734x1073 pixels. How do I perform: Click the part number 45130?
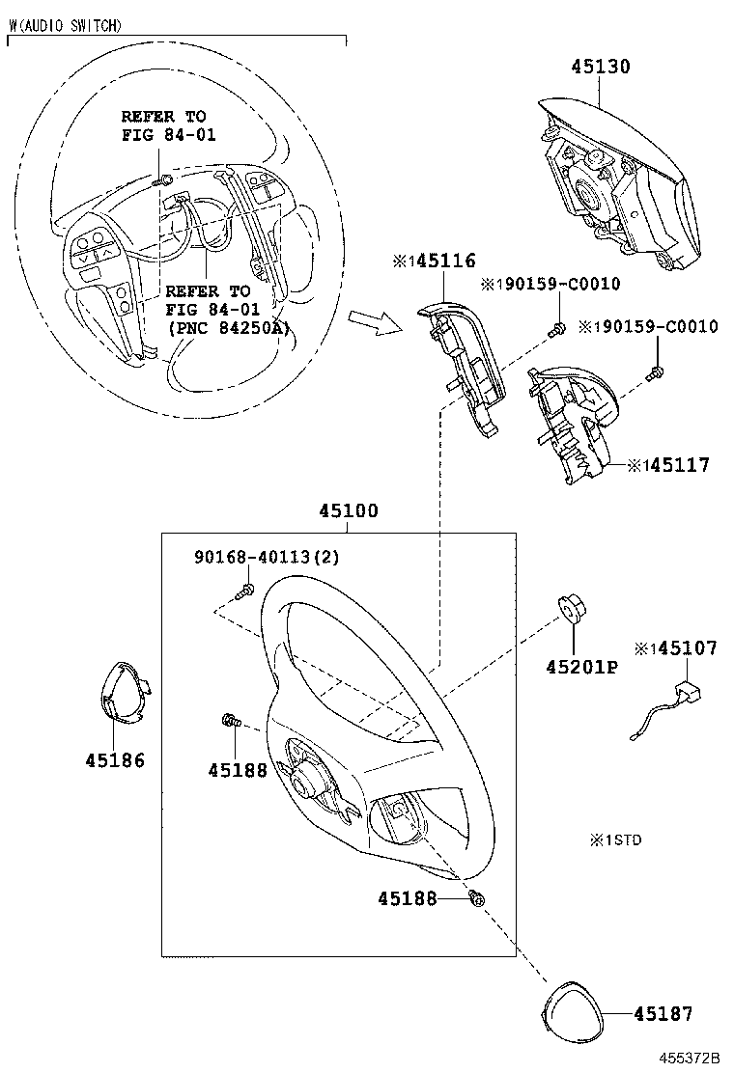pyautogui.click(x=600, y=67)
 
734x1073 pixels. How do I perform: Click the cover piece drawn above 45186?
pyautogui.click(x=127, y=694)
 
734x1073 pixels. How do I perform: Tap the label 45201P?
pyautogui.click(x=580, y=667)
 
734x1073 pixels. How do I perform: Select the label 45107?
pyautogui.click(x=683, y=648)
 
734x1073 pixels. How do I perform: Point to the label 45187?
pyautogui.click(x=663, y=1013)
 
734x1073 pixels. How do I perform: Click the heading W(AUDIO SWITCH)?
pyautogui.click(x=65, y=27)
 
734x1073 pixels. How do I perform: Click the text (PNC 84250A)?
pyautogui.click(x=228, y=327)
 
